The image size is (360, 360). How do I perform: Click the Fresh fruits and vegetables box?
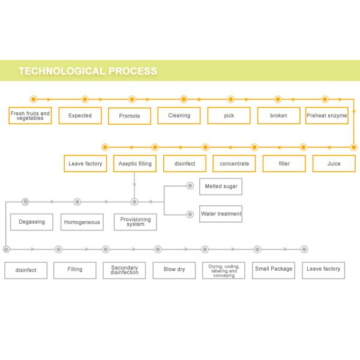[x=30, y=115]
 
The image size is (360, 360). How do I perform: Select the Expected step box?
[x=80, y=115]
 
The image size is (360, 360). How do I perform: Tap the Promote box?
[x=130, y=116]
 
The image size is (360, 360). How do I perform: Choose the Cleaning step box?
[x=179, y=115]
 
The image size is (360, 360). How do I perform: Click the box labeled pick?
[x=229, y=115]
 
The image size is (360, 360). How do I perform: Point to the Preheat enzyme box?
[x=327, y=115]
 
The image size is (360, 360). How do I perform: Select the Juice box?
[x=334, y=163]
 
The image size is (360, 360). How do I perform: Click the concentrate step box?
[x=234, y=163]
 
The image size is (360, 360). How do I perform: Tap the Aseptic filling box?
[x=135, y=163]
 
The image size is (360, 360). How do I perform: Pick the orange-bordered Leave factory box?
[x=85, y=163]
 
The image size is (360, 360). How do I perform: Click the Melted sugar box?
[x=221, y=186]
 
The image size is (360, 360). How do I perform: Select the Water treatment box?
[x=221, y=214]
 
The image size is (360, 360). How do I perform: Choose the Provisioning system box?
[x=136, y=222]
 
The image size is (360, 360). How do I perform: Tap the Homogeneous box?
[x=82, y=222]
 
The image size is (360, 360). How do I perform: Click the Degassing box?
[x=32, y=222]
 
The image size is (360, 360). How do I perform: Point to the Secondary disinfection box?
[x=124, y=270]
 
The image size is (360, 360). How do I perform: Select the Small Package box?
[x=274, y=269]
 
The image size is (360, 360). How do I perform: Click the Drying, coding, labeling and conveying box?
[x=224, y=270]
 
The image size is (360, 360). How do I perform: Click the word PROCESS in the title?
[x=132, y=71]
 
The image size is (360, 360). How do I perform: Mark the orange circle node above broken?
[x=278, y=99]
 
